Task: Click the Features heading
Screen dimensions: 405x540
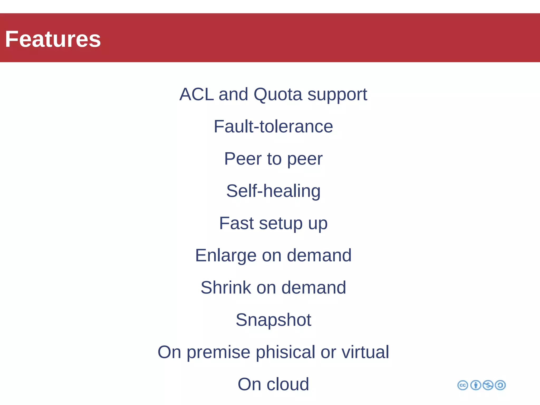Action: click(53, 39)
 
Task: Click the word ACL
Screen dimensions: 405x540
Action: click(196, 94)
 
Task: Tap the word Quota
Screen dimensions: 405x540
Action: click(278, 94)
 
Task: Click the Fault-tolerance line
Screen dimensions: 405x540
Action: click(273, 126)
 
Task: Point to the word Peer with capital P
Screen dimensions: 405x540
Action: click(243, 159)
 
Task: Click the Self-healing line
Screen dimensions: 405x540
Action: click(273, 191)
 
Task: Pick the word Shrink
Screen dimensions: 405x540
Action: click(226, 287)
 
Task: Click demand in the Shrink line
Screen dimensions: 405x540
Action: click(314, 287)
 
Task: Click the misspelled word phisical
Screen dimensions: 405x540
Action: click(285, 352)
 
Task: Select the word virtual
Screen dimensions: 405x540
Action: click(365, 352)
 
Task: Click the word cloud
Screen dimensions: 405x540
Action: click(288, 384)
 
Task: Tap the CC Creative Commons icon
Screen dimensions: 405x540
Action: click(462, 385)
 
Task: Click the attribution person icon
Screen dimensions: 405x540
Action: click(476, 385)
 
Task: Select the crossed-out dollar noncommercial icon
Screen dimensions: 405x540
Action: click(488, 385)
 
